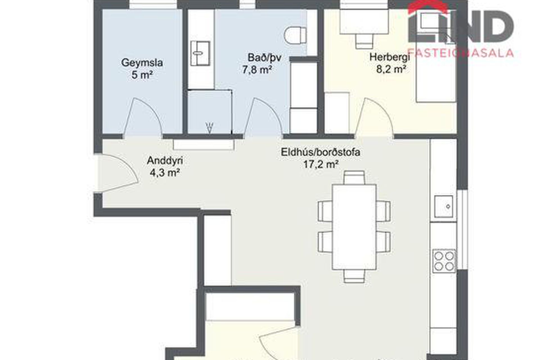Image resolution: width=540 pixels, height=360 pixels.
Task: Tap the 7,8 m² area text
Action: click(257, 69)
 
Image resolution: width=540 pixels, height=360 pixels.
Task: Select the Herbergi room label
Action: click(390, 57)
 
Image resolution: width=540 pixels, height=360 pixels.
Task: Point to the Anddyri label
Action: click(165, 161)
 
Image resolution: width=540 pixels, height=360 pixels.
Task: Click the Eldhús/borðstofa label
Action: click(321, 152)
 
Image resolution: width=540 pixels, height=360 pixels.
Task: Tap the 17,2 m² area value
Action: click(321, 164)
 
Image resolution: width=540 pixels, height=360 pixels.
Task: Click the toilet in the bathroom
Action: click(295, 35)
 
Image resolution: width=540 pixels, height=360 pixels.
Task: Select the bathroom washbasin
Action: click(200, 53)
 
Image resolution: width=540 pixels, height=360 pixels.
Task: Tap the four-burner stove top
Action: click(444, 261)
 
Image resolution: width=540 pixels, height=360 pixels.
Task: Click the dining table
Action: click(354, 227)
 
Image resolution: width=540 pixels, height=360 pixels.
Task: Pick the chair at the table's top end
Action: click(354, 177)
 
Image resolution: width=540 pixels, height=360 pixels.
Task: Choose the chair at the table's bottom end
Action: click(354, 276)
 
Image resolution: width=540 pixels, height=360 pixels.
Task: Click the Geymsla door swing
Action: click(143, 118)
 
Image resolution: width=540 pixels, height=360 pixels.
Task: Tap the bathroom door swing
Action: click(263, 118)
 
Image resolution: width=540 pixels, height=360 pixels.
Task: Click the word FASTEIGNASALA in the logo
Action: click(461, 53)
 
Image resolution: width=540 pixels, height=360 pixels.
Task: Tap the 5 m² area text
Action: click(142, 75)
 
